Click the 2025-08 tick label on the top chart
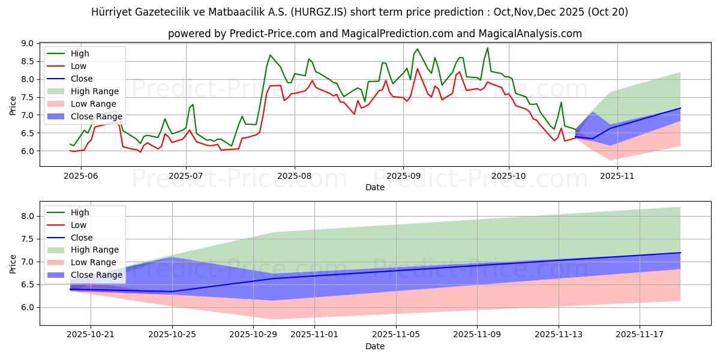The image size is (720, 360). [294, 176]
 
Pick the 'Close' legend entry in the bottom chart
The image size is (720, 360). [81, 238]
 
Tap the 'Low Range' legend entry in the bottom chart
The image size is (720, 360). [94, 262]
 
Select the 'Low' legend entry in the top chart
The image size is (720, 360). [78, 66]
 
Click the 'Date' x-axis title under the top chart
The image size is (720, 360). [374, 187]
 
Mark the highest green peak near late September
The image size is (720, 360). [487, 48]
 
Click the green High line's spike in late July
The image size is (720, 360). [270, 55]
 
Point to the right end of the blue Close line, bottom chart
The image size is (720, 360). [680, 253]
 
